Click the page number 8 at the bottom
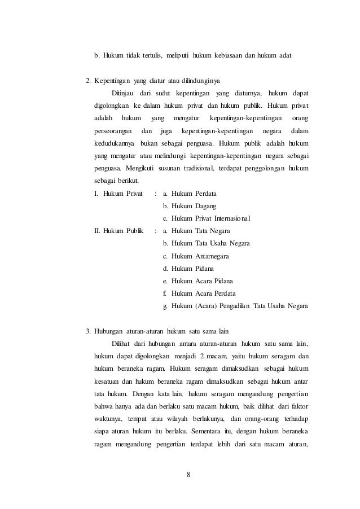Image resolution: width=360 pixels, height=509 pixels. tap(188, 473)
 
